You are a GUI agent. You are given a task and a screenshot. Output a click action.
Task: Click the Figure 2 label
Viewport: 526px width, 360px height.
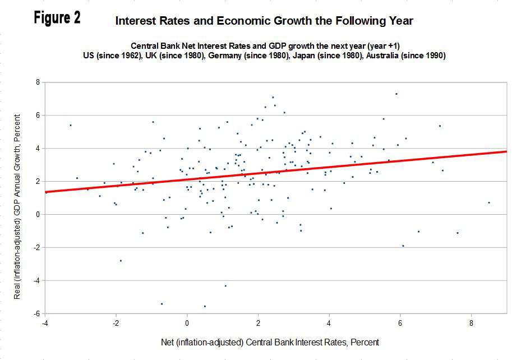pyautogui.click(x=57, y=18)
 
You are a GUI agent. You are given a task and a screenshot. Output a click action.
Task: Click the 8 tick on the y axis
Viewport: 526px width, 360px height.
pyautogui.click(x=38, y=82)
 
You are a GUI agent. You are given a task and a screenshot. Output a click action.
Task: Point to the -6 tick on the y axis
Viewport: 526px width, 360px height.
pyautogui.click(x=36, y=313)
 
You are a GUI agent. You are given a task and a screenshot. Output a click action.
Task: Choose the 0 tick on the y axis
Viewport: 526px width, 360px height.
pyautogui.click(x=38, y=214)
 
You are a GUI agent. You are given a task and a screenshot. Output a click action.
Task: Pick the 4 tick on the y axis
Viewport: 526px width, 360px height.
pyautogui.click(x=38, y=148)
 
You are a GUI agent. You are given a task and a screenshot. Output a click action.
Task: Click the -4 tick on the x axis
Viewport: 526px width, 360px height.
pyautogui.click(x=44, y=323)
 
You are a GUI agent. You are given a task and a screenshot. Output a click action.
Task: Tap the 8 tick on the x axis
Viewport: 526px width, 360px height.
pyautogui.click(x=471, y=323)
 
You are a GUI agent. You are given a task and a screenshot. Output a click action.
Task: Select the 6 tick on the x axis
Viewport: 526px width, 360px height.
pyautogui.click(x=400, y=323)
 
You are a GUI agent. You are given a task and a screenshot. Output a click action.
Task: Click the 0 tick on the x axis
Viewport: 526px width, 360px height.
pyautogui.click(x=187, y=323)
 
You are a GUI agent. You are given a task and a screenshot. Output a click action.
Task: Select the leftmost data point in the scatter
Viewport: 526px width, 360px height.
pyautogui.click(x=70, y=125)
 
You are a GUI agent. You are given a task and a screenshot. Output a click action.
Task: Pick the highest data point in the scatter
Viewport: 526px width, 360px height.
pyautogui.click(x=396, y=94)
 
